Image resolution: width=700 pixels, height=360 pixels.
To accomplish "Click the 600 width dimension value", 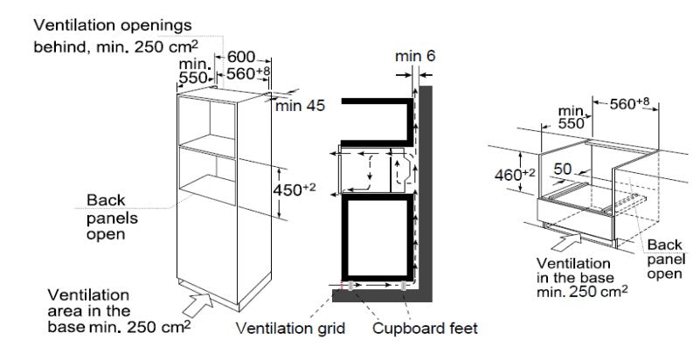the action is [240, 57].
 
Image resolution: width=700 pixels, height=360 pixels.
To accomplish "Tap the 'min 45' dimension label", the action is [300, 106].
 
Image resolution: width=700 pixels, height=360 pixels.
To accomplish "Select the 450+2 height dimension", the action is [295, 190].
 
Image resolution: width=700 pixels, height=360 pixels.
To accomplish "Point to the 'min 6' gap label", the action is [415, 56].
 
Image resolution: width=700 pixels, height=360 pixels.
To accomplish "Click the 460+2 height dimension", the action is [514, 175].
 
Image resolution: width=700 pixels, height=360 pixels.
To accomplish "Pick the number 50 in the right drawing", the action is [563, 169].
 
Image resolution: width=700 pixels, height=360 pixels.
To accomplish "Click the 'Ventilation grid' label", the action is [290, 329].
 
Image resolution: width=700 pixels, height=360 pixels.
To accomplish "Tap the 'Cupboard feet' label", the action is [425, 329].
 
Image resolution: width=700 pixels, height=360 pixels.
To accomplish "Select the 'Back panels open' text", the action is [112, 218].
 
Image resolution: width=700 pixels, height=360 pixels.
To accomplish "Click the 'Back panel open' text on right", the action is [665, 260].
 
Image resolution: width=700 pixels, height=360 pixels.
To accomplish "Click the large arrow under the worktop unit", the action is [566, 241].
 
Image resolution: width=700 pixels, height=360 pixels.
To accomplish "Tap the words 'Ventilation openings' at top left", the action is [113, 25].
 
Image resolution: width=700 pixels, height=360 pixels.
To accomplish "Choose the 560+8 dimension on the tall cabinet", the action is [248, 73].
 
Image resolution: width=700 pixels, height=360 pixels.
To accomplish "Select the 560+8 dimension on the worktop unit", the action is [629, 104].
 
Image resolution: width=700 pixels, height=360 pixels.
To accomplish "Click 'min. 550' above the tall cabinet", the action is [194, 72].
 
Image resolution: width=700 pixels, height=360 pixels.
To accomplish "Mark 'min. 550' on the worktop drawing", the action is [572, 117].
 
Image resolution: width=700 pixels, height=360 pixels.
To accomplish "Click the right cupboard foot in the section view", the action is [404, 286].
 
